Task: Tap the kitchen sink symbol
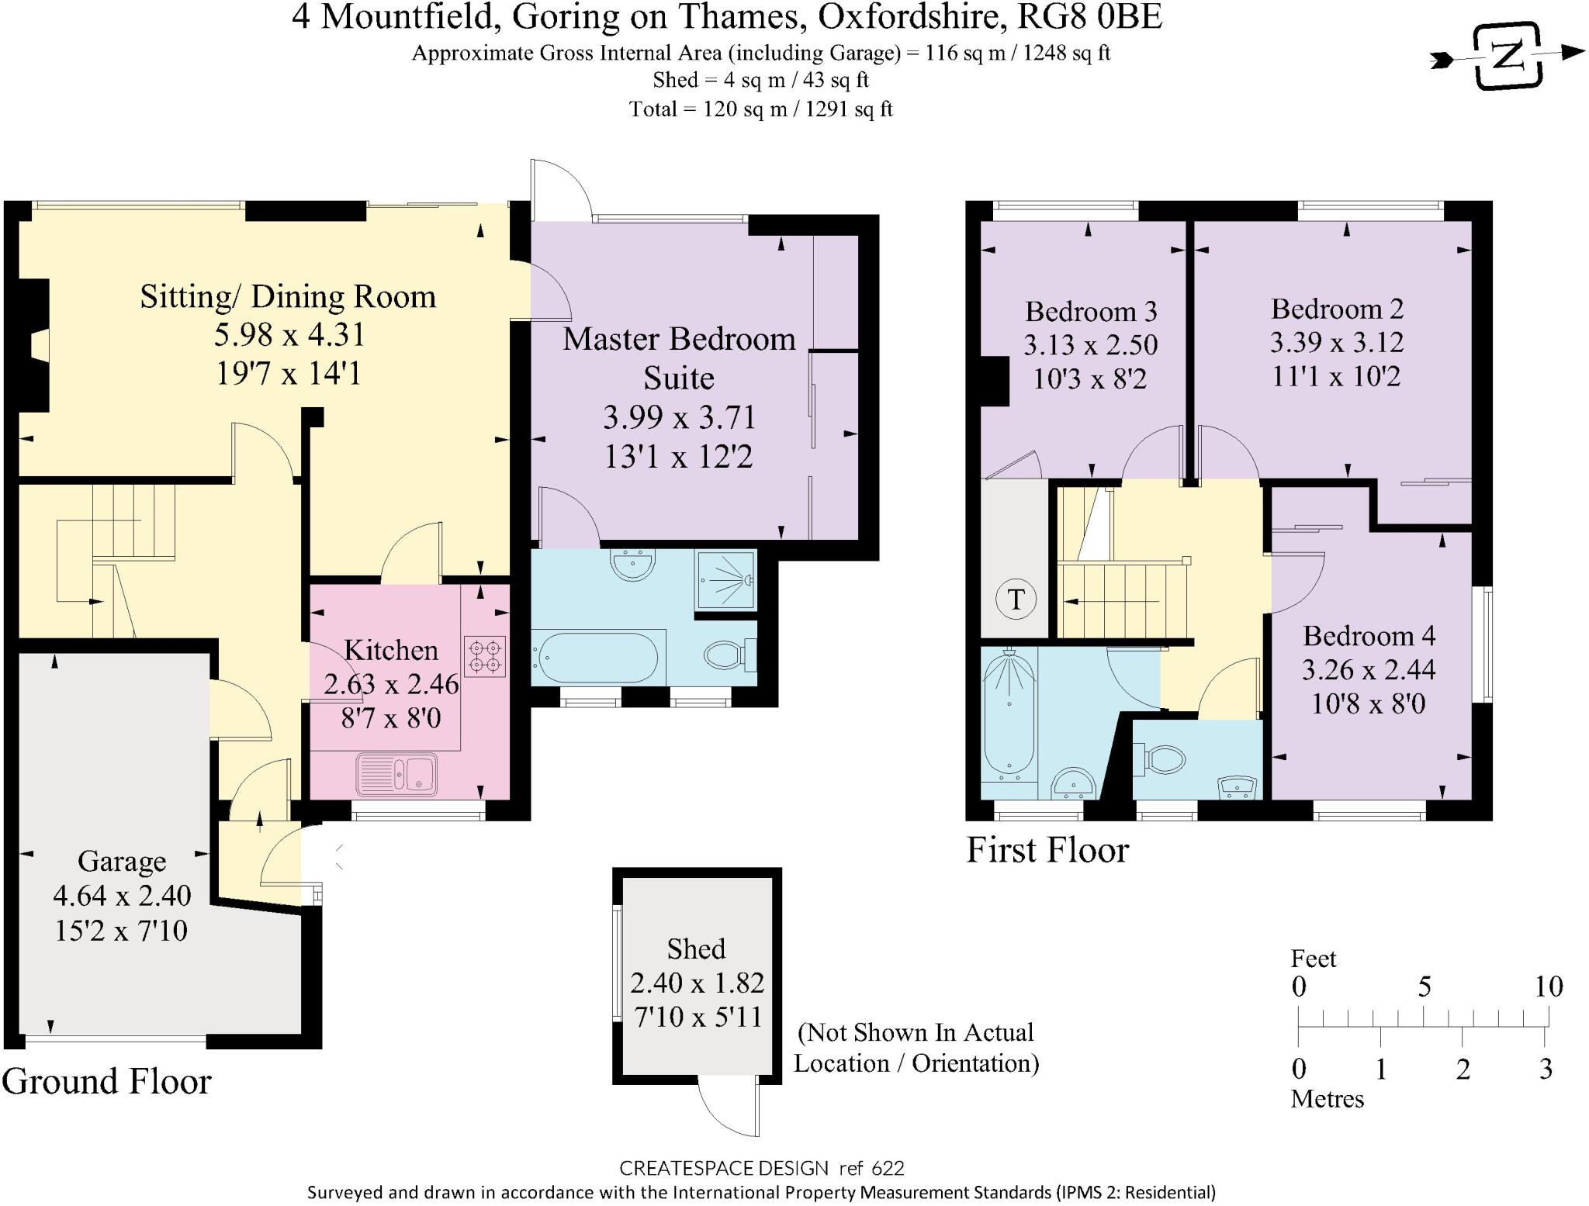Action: (x=397, y=773)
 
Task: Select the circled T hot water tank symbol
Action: (x=1016, y=600)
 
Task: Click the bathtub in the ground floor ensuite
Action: (x=595, y=658)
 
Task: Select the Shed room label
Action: (x=696, y=949)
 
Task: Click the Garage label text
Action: (x=122, y=861)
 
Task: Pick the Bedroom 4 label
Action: (x=1369, y=636)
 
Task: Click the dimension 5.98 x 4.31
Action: (x=289, y=335)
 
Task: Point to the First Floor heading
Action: (x=1047, y=850)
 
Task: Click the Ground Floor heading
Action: (x=106, y=1081)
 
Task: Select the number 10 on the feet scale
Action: (x=1548, y=987)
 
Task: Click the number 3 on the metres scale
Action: (x=1546, y=1070)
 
